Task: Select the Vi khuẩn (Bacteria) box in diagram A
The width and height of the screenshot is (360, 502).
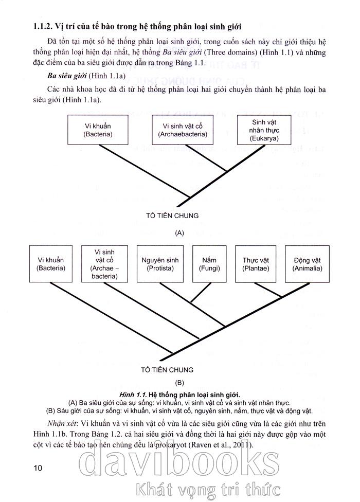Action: click(x=98, y=130)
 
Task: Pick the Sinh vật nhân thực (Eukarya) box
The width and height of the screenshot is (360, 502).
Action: click(x=265, y=130)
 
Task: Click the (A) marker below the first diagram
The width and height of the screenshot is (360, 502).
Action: click(x=179, y=232)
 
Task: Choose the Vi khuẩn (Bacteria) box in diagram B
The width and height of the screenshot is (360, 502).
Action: click(x=50, y=264)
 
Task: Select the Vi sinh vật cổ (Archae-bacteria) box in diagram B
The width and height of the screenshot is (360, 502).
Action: click(x=104, y=264)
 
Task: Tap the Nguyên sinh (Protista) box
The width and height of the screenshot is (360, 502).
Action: click(x=160, y=264)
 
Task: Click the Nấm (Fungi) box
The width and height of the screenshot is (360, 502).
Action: click(x=209, y=264)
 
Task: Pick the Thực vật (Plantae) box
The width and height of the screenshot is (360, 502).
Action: click(x=257, y=264)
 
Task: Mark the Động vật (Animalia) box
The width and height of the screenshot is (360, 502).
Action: click(x=308, y=264)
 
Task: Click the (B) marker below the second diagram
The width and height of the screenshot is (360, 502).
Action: click(x=179, y=383)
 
